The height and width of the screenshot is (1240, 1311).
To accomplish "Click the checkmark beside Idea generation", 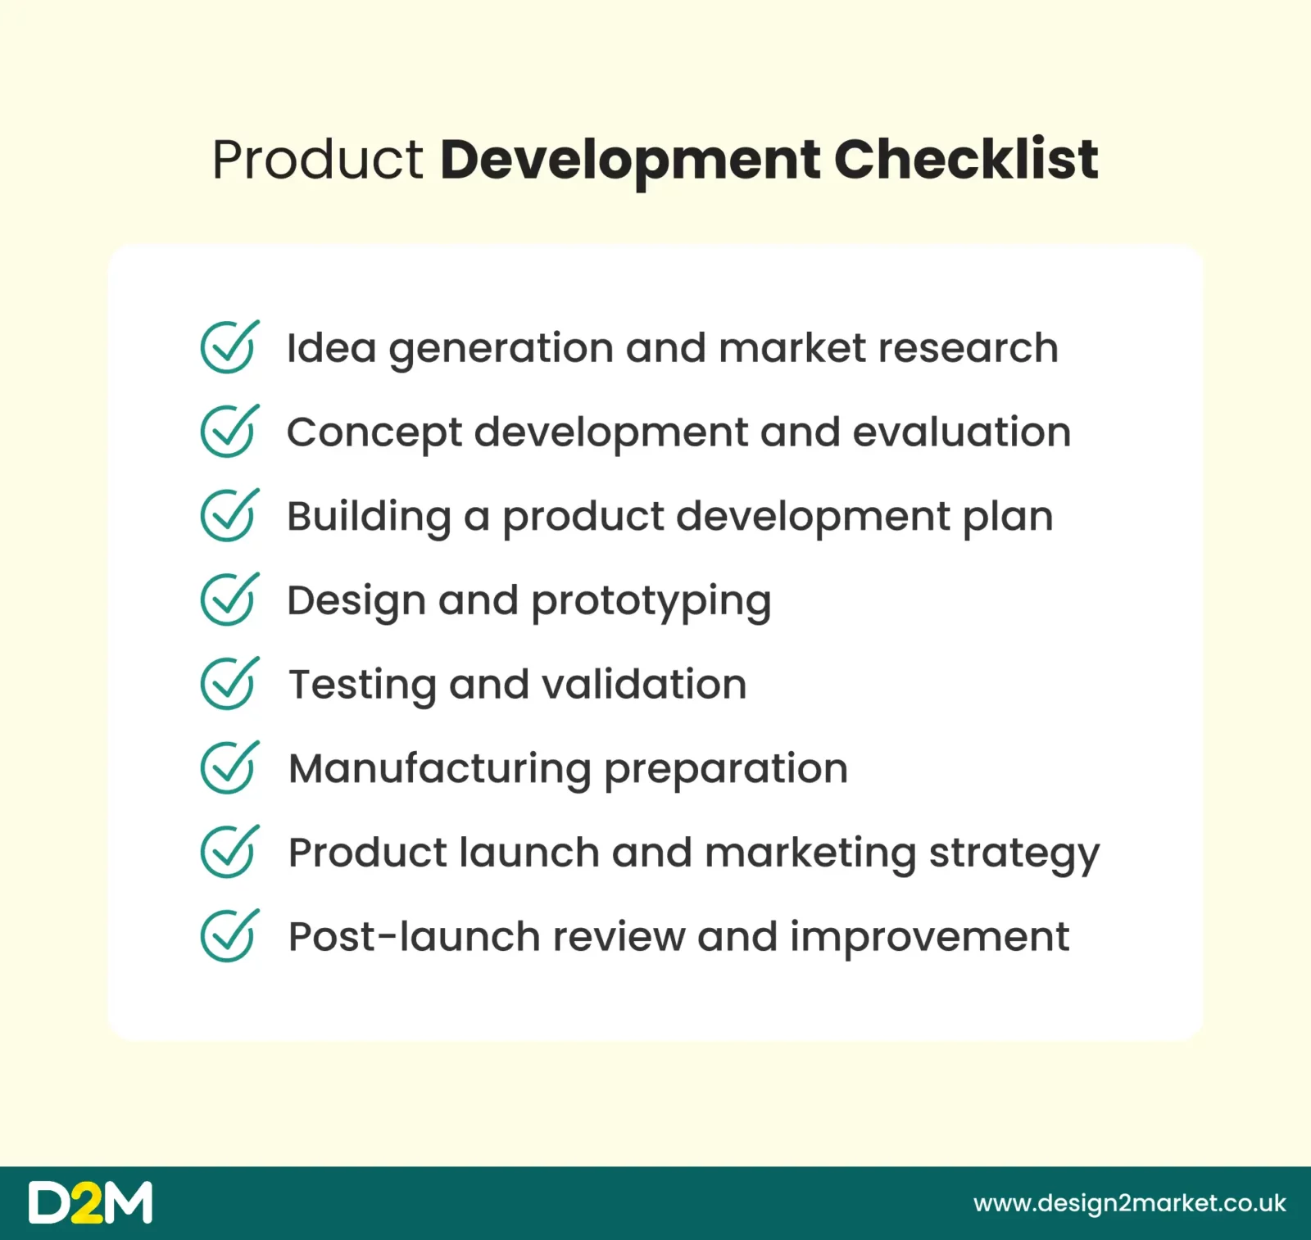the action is [229, 347].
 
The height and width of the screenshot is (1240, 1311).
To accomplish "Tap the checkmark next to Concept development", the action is [229, 432].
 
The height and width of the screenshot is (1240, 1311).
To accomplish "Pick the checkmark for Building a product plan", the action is [229, 516].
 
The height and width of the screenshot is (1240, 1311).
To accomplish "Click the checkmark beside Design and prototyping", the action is [229, 600].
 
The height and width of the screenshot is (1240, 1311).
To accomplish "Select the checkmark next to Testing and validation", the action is [229, 684].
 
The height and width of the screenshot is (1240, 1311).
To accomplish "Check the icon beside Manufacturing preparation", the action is [229, 768].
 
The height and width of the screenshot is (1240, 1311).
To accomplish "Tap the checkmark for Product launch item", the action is [229, 852].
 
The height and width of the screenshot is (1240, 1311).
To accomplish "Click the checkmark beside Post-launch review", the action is [229, 936].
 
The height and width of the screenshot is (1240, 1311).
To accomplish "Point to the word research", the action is [969, 348].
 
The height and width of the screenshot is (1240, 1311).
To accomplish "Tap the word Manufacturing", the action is [440, 770].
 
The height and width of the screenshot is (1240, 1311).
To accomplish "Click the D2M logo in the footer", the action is [90, 1202].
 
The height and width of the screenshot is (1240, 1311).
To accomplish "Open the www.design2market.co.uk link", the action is [1130, 1204].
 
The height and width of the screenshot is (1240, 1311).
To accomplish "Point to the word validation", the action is [645, 684].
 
